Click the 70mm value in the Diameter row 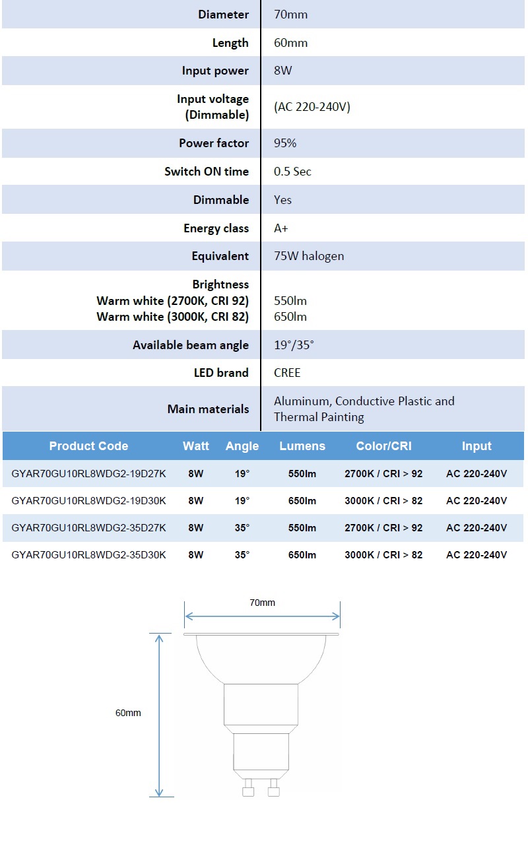click(x=290, y=15)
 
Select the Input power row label click(x=215, y=71)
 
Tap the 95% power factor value click(x=285, y=143)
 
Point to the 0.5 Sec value click(x=292, y=172)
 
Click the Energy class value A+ click(x=280, y=228)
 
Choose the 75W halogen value click(x=309, y=256)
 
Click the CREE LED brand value click(x=287, y=373)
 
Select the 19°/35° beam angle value click(x=294, y=345)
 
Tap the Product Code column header click(x=88, y=446)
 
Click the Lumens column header click(x=302, y=446)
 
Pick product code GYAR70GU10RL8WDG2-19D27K click(x=89, y=474)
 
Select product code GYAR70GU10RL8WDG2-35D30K click(x=89, y=555)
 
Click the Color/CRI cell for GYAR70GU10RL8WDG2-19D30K click(x=383, y=501)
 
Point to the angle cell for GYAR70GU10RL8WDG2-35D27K click(x=242, y=528)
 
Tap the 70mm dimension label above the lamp click(x=262, y=603)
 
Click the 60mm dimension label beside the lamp click(x=128, y=713)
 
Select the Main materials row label click(x=208, y=409)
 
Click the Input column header click(x=477, y=446)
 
